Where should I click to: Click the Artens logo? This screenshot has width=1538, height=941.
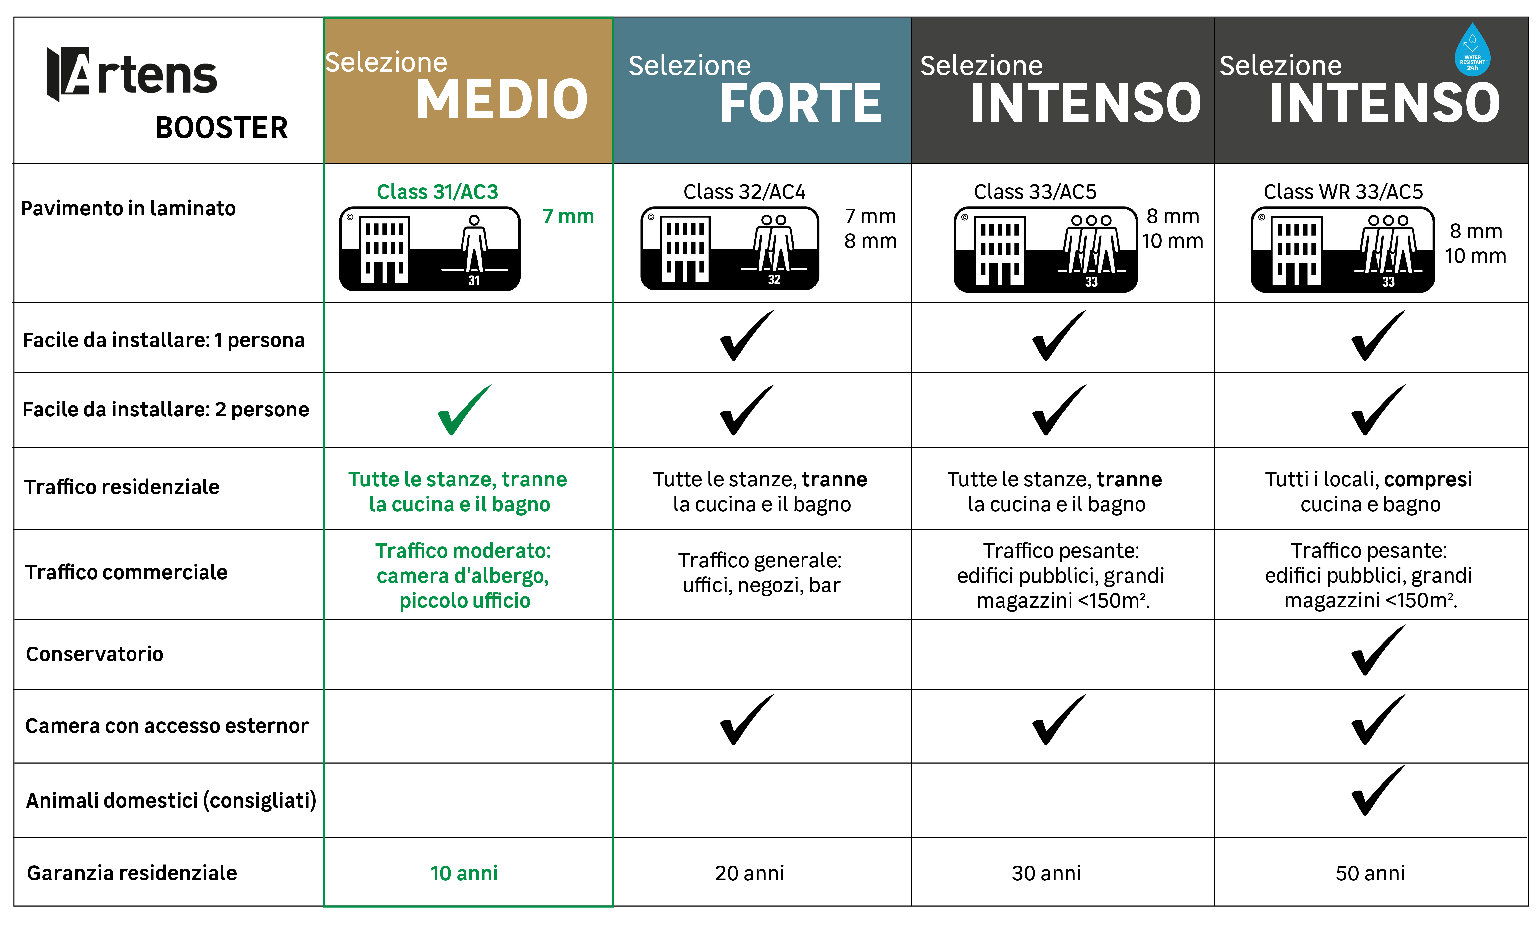pos(132,74)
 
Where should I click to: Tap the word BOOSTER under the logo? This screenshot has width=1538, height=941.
pos(222,128)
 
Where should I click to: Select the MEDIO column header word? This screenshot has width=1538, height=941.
pos(502,100)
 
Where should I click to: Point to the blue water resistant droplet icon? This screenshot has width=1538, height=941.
pos(1472,50)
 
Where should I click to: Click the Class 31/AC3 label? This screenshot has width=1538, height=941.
pos(438,192)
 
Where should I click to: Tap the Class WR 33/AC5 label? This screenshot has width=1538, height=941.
pos(1343,192)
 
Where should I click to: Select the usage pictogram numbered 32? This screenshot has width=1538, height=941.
pos(730,248)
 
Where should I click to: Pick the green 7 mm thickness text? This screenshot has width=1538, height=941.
pos(568,216)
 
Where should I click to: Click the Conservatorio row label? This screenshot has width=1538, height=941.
pos(95,654)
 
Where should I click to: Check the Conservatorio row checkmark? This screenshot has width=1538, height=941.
pos(1378,650)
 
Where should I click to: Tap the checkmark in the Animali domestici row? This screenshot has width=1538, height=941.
pos(1378,790)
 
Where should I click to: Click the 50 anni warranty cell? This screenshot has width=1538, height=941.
pos(1371,873)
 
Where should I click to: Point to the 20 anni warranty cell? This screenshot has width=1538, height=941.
pos(750,873)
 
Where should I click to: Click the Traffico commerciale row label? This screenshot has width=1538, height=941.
pos(126,572)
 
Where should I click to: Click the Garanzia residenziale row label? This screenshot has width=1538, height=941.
pos(132,873)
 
